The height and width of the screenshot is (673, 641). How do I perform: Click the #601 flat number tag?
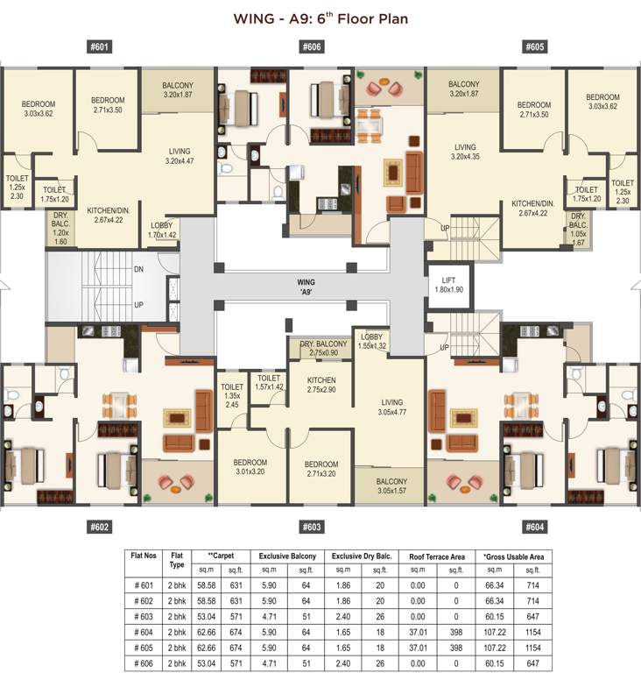[x=99, y=46]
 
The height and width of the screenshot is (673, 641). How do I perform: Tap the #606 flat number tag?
[x=312, y=46]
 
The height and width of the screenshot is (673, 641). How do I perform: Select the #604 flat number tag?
[x=535, y=527]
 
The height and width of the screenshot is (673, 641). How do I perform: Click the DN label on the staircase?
[x=138, y=268]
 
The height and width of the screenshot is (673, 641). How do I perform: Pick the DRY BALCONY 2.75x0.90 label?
[x=320, y=348]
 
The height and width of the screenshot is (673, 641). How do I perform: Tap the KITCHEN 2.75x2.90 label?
[x=321, y=384]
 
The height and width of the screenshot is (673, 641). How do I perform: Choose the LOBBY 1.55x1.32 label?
[x=371, y=341]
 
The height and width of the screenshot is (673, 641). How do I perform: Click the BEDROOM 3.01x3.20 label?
[x=250, y=468]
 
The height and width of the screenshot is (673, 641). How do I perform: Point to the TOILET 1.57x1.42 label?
[x=269, y=382]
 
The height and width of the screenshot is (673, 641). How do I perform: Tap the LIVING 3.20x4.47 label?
[x=179, y=156]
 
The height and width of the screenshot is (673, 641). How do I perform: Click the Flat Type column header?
[x=178, y=561]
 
